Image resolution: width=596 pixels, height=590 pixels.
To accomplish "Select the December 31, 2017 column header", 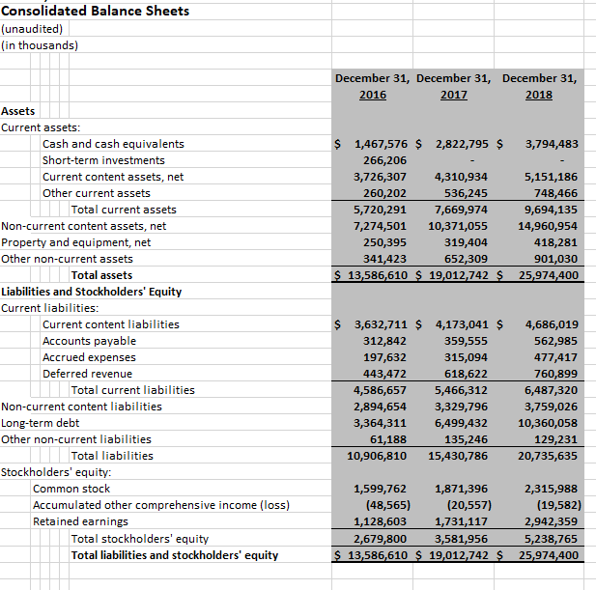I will point(454,86).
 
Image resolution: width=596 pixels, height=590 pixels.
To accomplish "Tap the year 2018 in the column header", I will point(539,95).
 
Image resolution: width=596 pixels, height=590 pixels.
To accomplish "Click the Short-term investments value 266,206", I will point(383,160).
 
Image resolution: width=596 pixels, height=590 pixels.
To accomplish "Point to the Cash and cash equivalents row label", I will point(113,144).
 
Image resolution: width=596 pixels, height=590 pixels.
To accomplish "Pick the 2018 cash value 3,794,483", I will point(551,144).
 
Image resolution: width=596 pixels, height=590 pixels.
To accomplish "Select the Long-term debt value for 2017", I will point(462,423).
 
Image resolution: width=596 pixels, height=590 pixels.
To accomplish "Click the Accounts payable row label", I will point(89,341).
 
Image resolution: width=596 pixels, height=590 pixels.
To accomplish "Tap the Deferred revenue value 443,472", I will point(383,374).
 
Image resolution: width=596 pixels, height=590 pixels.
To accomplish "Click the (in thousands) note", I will point(40,44).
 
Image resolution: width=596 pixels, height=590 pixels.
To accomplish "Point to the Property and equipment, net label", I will point(76,242).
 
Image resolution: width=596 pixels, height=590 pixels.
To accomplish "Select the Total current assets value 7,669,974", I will point(462,210).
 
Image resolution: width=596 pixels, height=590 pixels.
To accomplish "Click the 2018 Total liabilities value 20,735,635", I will point(545,456).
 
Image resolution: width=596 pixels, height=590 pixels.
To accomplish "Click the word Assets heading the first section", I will point(18,111).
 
